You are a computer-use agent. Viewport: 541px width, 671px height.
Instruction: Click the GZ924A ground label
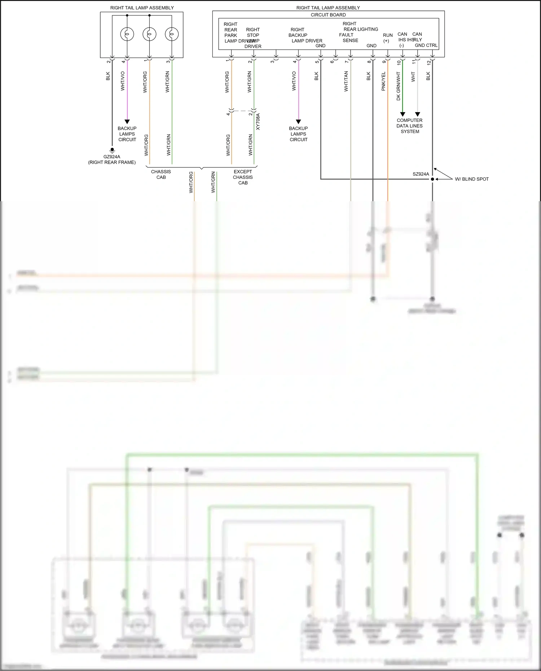(112, 157)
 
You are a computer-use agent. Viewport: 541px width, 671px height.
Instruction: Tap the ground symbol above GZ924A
(112, 150)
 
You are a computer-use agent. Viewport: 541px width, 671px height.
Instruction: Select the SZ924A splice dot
(432, 179)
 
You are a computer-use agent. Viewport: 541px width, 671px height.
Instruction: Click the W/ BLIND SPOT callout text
(472, 179)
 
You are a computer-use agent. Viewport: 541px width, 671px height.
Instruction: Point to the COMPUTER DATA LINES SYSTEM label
(410, 126)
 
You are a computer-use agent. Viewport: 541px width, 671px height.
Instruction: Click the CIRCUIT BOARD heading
(328, 15)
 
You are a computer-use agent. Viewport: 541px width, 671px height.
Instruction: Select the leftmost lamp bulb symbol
(127, 34)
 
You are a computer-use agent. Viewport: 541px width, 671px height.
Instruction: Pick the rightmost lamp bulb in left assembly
(172, 34)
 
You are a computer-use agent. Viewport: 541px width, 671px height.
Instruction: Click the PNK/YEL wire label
(384, 81)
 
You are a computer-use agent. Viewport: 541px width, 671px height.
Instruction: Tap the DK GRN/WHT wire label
(399, 86)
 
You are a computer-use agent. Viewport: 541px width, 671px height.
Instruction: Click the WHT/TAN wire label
(346, 81)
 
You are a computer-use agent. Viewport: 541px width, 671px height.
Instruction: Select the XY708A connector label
(258, 122)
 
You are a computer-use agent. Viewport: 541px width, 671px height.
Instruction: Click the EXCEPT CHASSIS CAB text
(243, 177)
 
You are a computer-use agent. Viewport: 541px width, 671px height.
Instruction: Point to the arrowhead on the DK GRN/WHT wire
(403, 114)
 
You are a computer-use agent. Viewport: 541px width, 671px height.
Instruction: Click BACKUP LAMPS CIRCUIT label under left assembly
(127, 134)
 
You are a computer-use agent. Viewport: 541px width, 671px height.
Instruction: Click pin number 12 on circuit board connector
(429, 62)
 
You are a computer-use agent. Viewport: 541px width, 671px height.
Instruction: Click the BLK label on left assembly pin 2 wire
(108, 76)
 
